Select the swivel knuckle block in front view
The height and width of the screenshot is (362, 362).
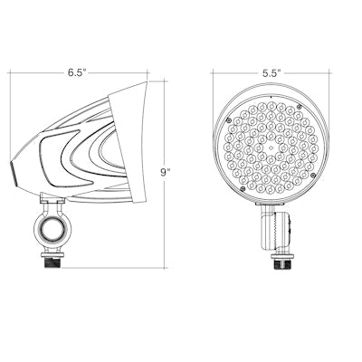pyautogui.click(x=274, y=228)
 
